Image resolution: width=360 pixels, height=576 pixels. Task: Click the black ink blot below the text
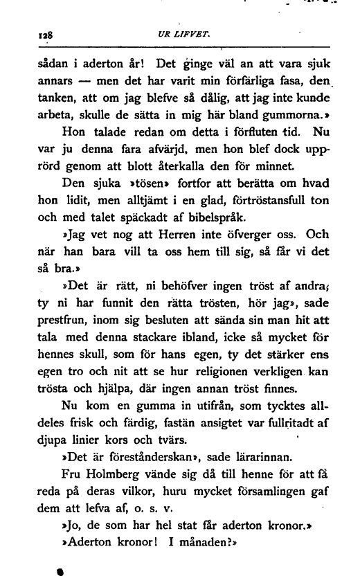click(x=60, y=573)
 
